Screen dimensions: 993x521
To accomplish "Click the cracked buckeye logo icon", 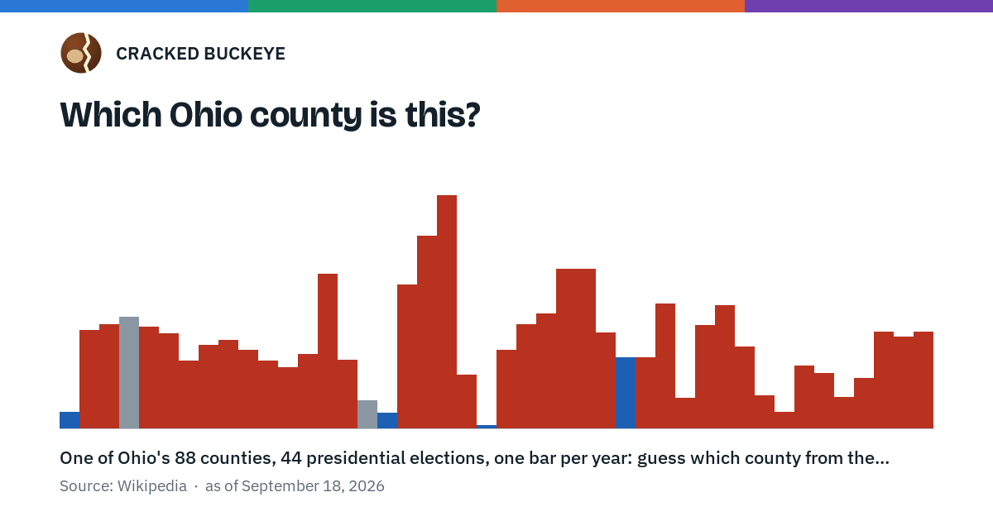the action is [x=81, y=53].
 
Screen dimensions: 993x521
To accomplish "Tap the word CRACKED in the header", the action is [x=157, y=54].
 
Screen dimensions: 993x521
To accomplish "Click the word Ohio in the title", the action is [x=206, y=114].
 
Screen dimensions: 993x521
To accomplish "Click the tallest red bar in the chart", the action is [x=447, y=312].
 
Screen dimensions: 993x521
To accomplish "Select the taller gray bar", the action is [x=129, y=372].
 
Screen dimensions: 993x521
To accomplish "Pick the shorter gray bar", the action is [x=367, y=414].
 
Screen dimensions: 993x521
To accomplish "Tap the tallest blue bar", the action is [x=626, y=393].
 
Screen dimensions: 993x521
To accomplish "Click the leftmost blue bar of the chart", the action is [x=70, y=420].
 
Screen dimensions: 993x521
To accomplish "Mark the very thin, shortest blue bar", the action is [x=487, y=427].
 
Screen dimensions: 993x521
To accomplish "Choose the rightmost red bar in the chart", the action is [x=923, y=380].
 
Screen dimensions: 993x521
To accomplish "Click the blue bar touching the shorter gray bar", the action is [x=387, y=420].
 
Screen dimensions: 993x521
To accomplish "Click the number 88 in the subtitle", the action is [x=185, y=458].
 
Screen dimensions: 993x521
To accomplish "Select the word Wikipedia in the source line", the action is [x=152, y=486].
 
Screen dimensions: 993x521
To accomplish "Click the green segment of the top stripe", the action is [x=372, y=6].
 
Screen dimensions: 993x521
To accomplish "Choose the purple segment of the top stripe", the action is [x=869, y=6].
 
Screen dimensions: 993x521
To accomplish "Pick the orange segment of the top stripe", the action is [x=621, y=6].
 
